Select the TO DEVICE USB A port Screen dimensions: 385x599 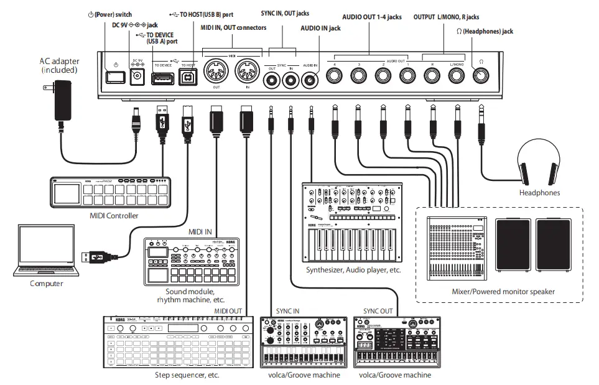pyautogui.click(x=162, y=78)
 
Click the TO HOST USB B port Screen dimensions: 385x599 pyautogui.click(x=187, y=78)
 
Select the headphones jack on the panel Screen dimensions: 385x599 pyautogui.click(x=481, y=76)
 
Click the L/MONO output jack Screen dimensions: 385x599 pyautogui.click(x=457, y=76)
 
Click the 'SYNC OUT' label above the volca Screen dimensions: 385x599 pyautogui.click(x=378, y=310)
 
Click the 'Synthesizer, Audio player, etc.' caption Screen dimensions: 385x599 pyautogui.click(x=353, y=270)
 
